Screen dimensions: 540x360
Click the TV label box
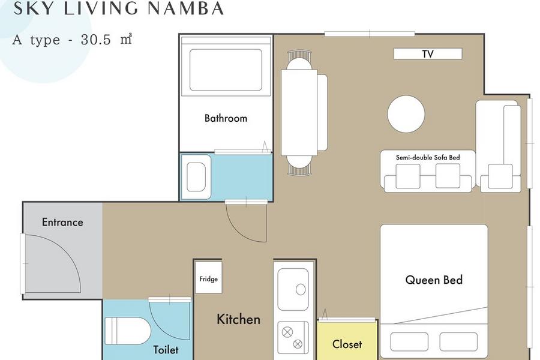tap(428, 54)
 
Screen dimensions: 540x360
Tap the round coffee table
tap(406, 114)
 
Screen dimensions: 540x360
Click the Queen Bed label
tap(434, 280)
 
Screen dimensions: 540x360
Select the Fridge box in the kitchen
tap(208, 277)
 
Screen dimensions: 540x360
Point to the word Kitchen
tap(238, 319)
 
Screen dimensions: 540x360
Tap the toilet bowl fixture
tap(128, 331)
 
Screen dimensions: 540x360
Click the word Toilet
tap(166, 350)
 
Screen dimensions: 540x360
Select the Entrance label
tap(62, 222)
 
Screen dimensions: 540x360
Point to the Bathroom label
tap(226, 118)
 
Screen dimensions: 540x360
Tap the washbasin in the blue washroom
tap(196, 177)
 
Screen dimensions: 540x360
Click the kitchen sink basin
tap(293, 290)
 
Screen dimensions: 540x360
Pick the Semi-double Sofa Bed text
tap(428, 157)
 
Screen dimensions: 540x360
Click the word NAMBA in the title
tap(186, 8)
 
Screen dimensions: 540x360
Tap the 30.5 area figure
tap(96, 40)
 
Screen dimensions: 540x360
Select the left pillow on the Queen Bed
tap(409, 341)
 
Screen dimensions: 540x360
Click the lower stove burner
tap(298, 344)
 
